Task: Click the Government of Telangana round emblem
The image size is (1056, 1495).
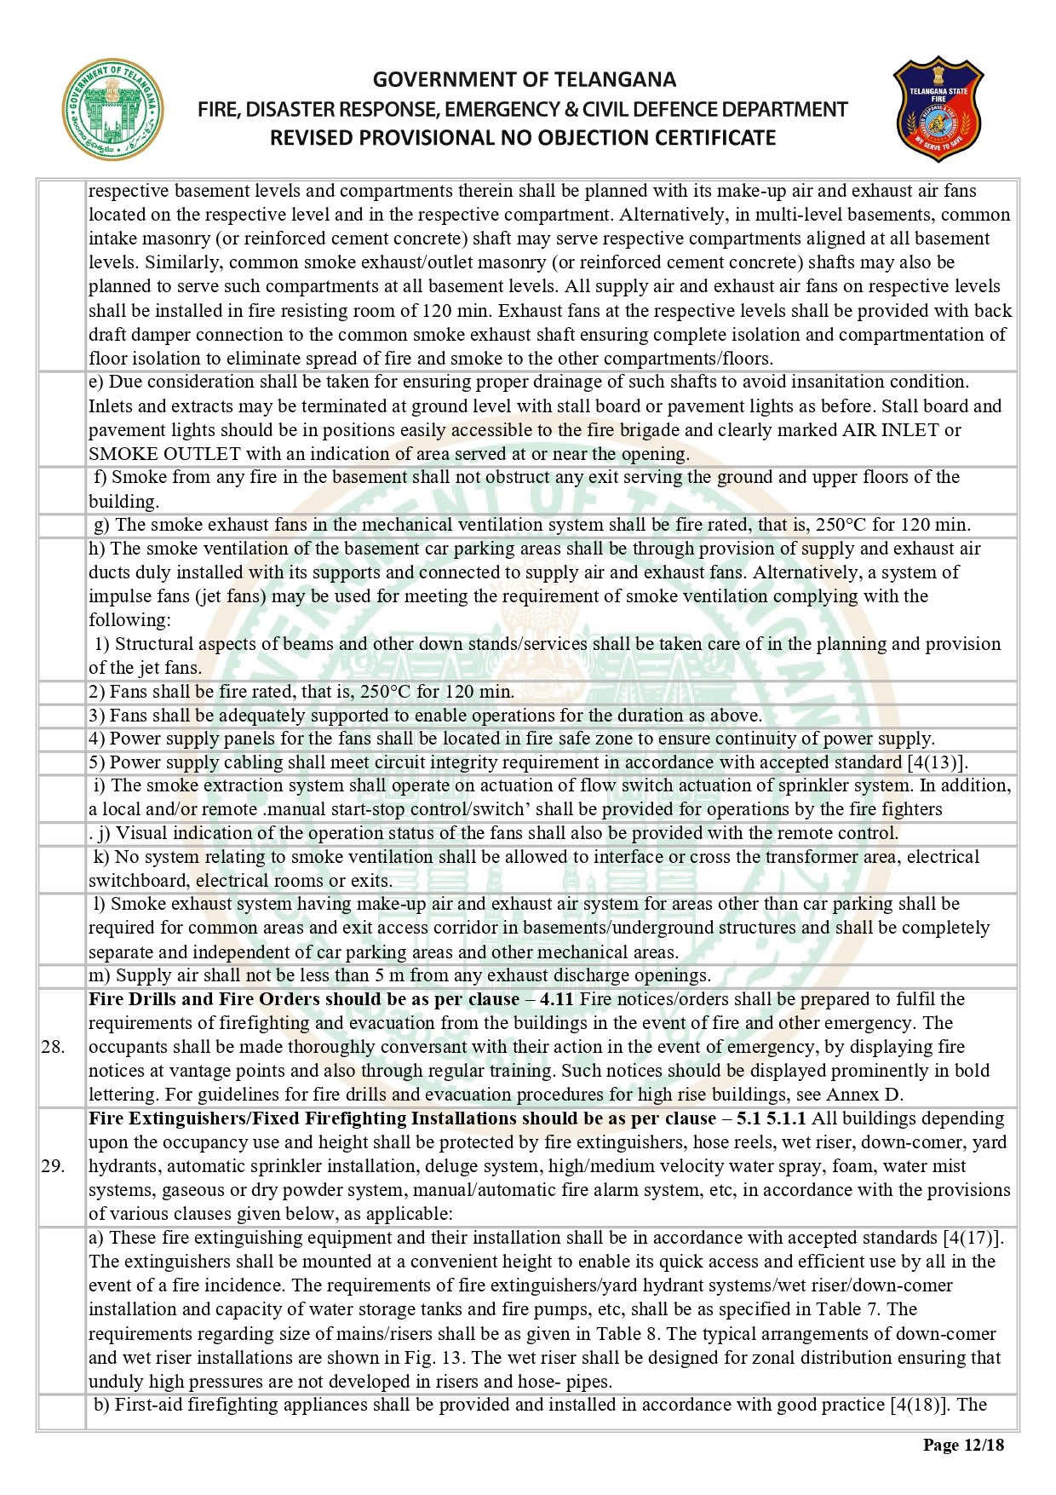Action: (112, 110)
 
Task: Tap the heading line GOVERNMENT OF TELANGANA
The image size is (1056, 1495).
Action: (524, 80)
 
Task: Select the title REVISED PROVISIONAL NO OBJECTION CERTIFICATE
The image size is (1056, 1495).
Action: (523, 138)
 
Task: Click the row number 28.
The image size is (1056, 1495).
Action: (53, 1047)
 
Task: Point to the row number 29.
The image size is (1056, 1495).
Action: (53, 1166)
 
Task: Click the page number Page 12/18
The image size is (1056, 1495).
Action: (963, 1445)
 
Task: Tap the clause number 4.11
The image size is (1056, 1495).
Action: (557, 999)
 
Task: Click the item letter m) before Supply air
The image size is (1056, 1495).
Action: (100, 975)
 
